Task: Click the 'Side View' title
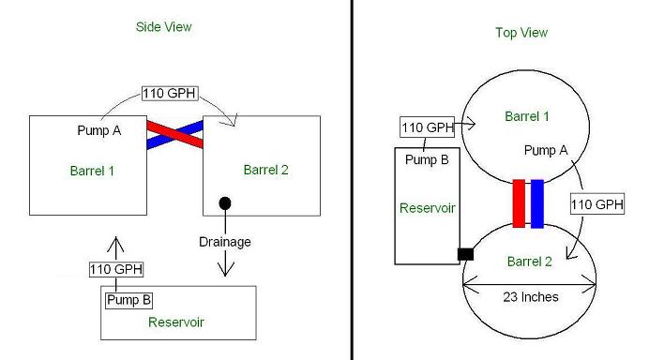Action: pos(164,27)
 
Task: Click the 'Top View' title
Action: pos(521,33)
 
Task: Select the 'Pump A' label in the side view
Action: pos(98,130)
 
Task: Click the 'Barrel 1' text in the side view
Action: pos(92,171)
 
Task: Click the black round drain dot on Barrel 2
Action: pos(225,203)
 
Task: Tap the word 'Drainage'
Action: pos(225,242)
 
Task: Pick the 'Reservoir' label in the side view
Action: pos(176,322)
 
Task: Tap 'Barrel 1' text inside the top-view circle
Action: pos(529,117)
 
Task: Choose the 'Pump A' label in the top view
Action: pos(545,150)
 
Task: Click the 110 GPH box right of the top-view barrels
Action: pos(597,204)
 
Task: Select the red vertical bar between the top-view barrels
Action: pos(519,203)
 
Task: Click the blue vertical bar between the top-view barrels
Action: pos(537,203)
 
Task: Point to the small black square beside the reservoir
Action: pos(465,253)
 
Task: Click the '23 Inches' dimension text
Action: pos(531,297)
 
